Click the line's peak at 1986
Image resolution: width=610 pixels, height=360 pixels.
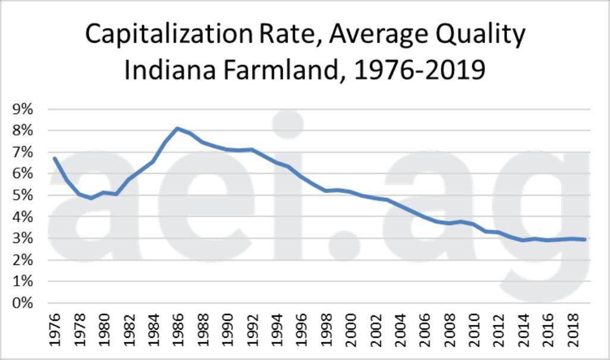(x=178, y=128)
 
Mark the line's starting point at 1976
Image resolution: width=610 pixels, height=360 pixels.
(x=54, y=158)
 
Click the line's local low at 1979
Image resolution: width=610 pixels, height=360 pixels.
(x=91, y=198)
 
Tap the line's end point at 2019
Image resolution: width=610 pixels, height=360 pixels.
(x=585, y=239)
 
